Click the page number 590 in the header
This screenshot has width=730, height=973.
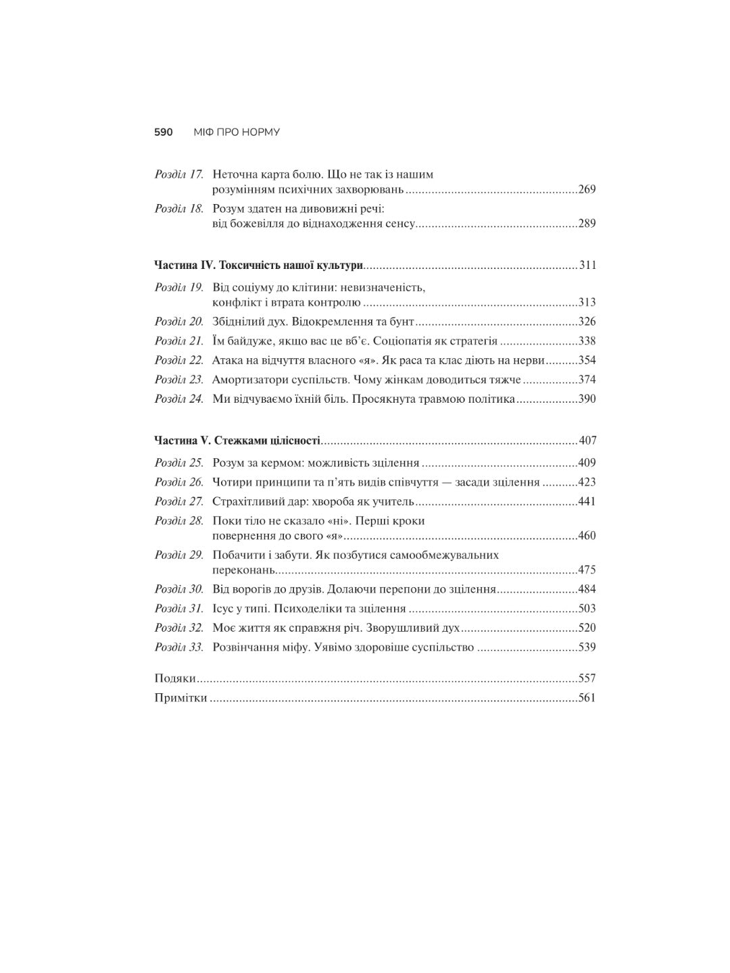coord(164,132)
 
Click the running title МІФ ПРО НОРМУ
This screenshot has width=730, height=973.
coord(237,132)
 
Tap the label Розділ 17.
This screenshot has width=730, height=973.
coord(179,174)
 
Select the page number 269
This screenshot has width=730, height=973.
coord(587,189)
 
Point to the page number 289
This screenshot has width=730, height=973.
coord(587,224)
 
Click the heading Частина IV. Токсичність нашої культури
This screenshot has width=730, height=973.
coord(259,266)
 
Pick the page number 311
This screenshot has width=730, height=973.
coord(587,266)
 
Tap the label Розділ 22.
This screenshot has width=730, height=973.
coord(179,361)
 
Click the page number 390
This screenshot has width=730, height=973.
coord(587,399)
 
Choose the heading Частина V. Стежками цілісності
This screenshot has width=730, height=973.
coord(237,441)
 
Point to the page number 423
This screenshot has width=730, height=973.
coord(587,482)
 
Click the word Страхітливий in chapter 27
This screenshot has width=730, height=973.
coord(247,502)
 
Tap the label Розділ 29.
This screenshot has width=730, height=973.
coord(179,555)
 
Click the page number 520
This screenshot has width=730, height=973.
coord(587,628)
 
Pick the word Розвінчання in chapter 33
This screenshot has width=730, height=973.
coord(246,647)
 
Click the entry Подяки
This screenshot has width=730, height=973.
coord(175,678)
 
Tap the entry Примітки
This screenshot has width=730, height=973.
coord(180,698)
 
